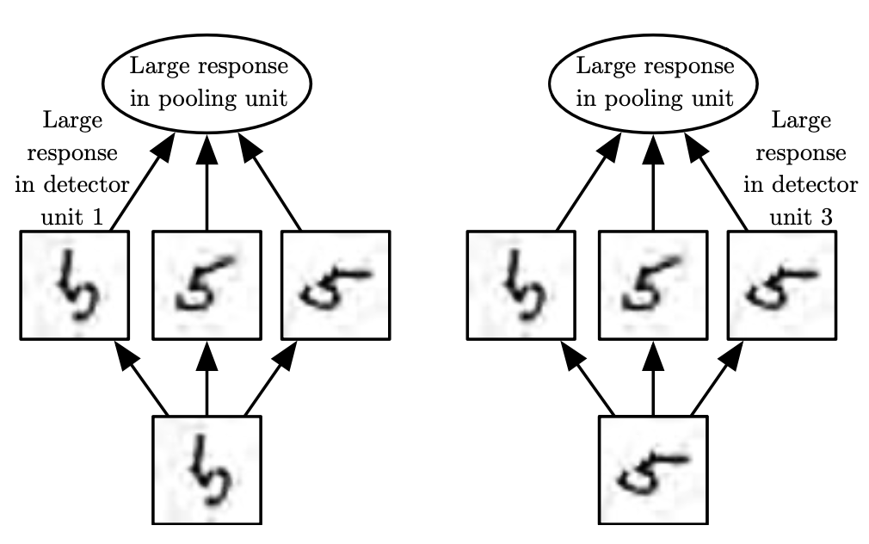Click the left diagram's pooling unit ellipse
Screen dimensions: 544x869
point(206,82)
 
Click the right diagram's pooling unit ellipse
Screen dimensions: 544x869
point(654,82)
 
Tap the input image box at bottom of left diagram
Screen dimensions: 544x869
point(206,470)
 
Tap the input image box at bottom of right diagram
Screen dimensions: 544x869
point(653,470)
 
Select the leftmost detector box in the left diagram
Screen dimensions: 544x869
point(74,285)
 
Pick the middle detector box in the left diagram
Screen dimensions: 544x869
point(206,285)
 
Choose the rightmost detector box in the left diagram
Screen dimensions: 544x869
point(336,285)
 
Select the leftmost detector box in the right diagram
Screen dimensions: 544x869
point(521,285)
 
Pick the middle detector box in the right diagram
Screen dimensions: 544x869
point(653,285)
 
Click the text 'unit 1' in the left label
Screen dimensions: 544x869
point(72,217)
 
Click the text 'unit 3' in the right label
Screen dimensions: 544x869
point(800,217)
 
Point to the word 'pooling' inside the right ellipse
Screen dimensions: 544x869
point(650,98)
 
